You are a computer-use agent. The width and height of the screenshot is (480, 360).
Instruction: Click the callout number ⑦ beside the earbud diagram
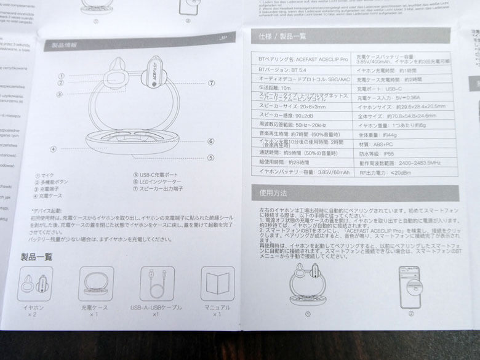211,83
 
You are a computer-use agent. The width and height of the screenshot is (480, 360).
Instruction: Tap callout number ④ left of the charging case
54,148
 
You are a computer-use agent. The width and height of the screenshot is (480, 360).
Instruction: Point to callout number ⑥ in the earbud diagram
210,141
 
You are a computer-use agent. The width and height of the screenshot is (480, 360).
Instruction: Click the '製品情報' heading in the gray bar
63,45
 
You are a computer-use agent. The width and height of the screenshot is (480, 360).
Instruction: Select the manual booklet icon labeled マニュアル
217,283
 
